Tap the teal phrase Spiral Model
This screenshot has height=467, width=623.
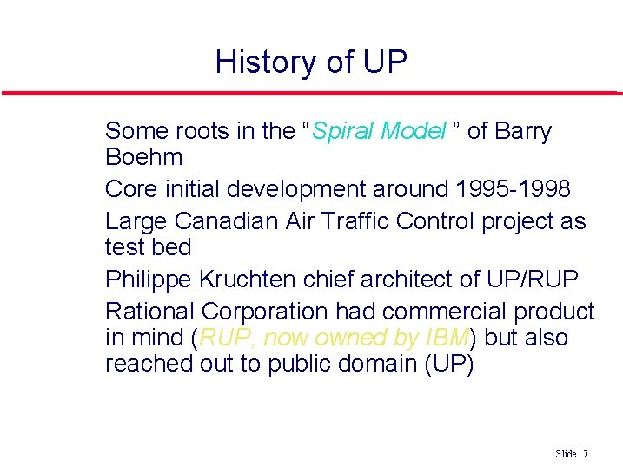point(378,131)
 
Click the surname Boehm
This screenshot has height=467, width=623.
point(144,157)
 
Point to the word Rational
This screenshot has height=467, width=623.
point(149,311)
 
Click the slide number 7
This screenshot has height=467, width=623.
point(586,454)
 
